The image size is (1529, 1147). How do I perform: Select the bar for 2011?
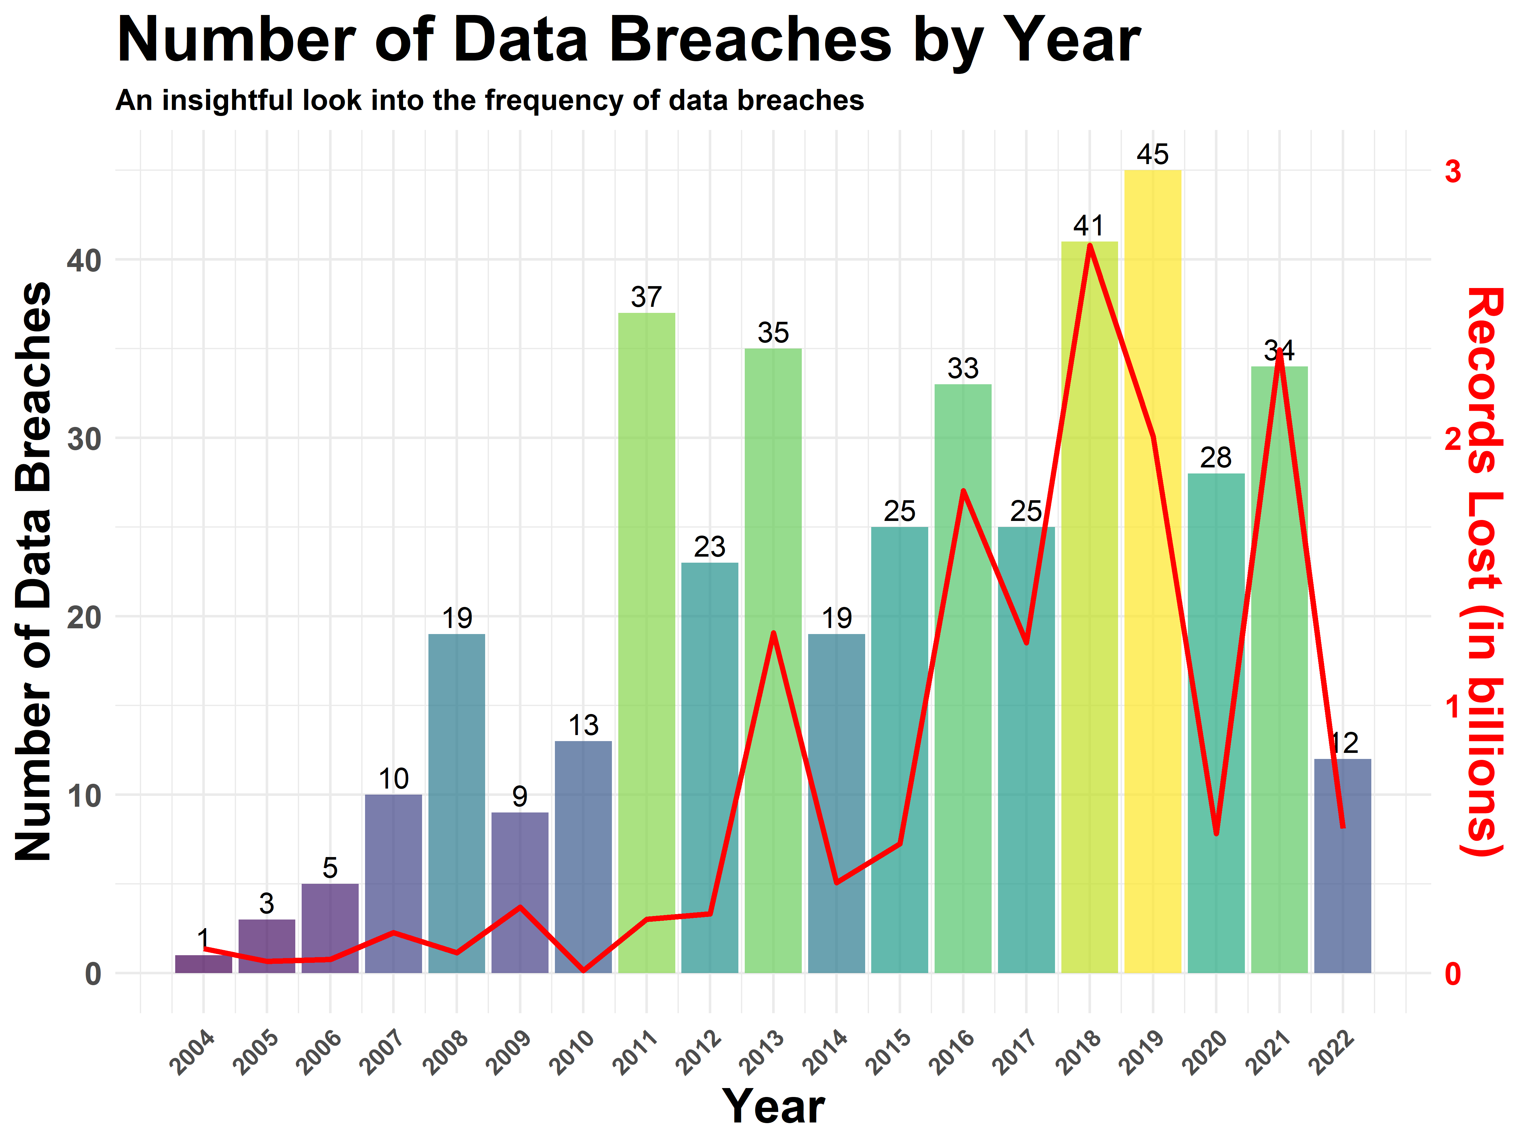(646, 643)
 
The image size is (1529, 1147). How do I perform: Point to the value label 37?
(646, 297)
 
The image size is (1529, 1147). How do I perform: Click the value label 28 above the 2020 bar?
(1216, 458)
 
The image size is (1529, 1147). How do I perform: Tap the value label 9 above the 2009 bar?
(520, 797)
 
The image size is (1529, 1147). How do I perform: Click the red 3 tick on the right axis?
(1453, 171)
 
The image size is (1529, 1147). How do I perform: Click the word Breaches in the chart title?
(750, 40)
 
